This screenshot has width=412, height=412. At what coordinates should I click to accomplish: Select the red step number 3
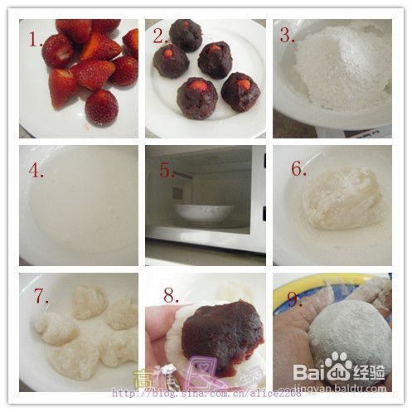285,36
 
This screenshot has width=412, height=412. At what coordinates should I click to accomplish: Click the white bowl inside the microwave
203,212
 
